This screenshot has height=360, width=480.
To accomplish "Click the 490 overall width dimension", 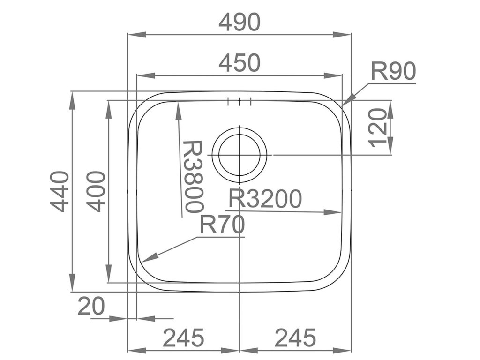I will [240, 22].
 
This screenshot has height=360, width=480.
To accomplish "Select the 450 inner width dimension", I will [240, 63].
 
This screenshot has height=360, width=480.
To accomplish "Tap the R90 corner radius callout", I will [393, 72].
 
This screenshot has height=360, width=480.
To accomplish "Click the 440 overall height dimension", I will [60, 192].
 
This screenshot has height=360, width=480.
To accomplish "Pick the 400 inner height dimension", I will [96, 192].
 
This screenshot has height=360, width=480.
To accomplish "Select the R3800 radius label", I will [193, 176].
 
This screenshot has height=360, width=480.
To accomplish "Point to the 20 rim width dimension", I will [91, 307].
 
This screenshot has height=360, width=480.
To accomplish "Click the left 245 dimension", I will [184, 337].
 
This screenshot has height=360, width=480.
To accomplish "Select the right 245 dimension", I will [295, 337].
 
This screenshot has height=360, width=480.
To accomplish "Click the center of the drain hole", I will [240, 155].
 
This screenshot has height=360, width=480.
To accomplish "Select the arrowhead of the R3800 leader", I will [178, 104].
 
